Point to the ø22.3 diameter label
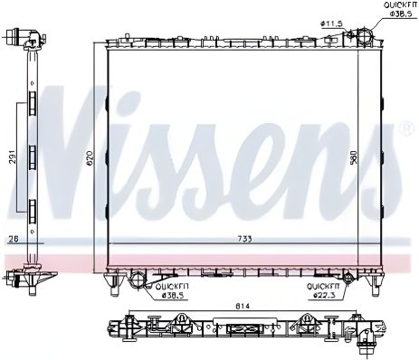click(326, 293)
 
